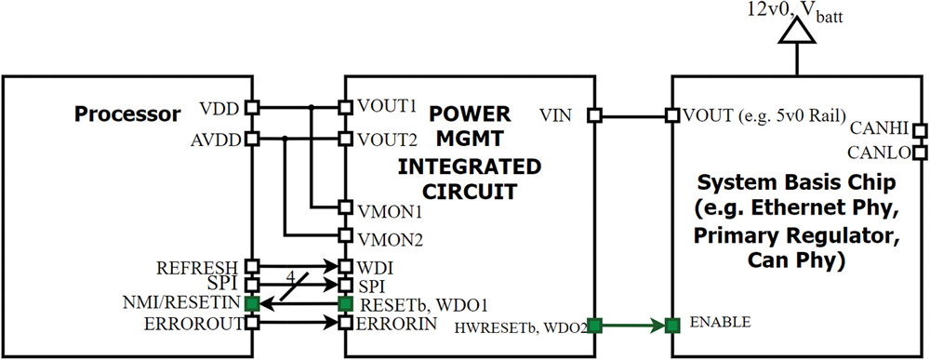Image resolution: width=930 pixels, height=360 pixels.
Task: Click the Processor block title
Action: click(127, 115)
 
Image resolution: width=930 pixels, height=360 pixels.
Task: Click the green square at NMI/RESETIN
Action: click(250, 303)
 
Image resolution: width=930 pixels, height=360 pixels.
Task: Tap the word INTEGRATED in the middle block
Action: click(469, 167)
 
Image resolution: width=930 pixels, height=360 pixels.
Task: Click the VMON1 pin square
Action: click(344, 208)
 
